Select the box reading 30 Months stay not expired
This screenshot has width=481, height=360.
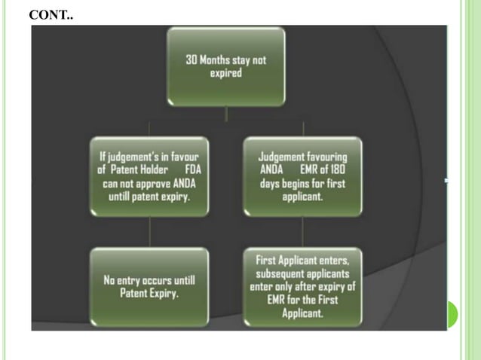(226, 66)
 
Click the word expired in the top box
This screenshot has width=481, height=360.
(226, 74)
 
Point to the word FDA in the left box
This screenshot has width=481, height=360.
(193, 169)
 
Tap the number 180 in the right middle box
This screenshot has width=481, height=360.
(336, 169)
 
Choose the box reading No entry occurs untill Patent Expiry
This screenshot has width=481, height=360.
(149, 286)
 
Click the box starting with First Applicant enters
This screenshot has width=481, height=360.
(302, 286)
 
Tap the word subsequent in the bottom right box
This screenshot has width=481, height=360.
(281, 273)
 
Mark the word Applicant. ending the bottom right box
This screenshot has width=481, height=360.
(302, 313)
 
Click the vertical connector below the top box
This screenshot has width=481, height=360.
(226, 113)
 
